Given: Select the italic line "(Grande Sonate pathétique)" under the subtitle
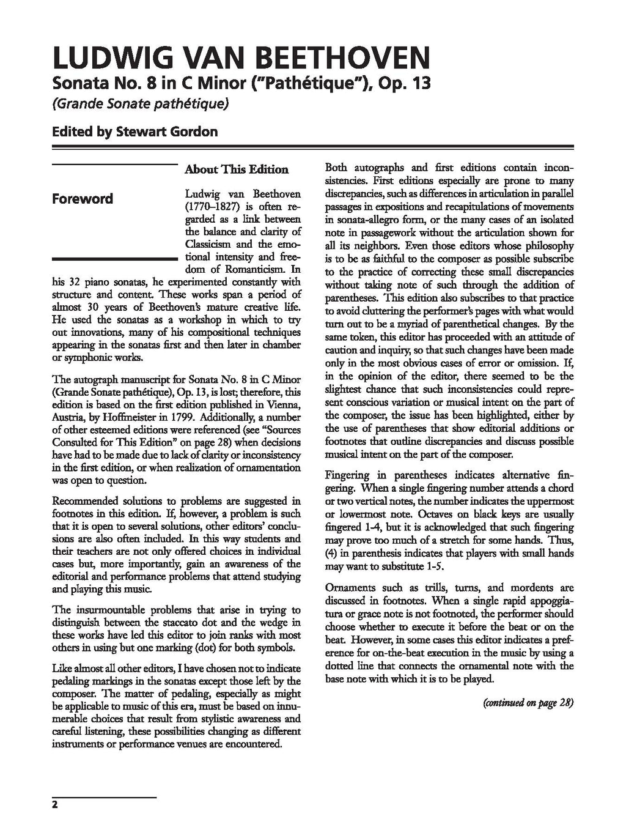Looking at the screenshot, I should point(141,104).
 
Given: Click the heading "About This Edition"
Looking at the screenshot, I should point(237,169).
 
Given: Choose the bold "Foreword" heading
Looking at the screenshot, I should point(83,199).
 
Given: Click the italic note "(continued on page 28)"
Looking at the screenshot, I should point(528,702).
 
